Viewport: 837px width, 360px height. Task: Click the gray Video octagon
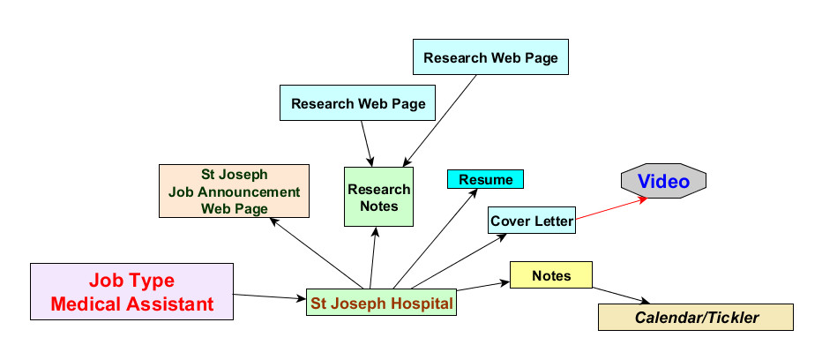click(x=663, y=181)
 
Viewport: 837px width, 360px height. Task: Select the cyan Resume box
click(x=485, y=179)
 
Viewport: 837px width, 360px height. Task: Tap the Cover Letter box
click(x=532, y=221)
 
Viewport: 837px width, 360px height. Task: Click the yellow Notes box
click(x=551, y=276)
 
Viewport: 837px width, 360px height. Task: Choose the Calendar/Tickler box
click(x=696, y=317)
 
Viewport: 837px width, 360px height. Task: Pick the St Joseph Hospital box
click(x=381, y=304)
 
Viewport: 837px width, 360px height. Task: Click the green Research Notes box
click(x=378, y=198)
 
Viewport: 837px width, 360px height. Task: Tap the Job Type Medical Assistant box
click(x=132, y=292)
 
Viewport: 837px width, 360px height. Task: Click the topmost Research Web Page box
click(x=490, y=58)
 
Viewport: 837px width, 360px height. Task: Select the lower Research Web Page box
click(x=358, y=103)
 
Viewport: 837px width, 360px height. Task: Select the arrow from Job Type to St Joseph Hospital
click(x=269, y=297)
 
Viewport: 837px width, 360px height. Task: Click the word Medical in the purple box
click(x=93, y=304)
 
